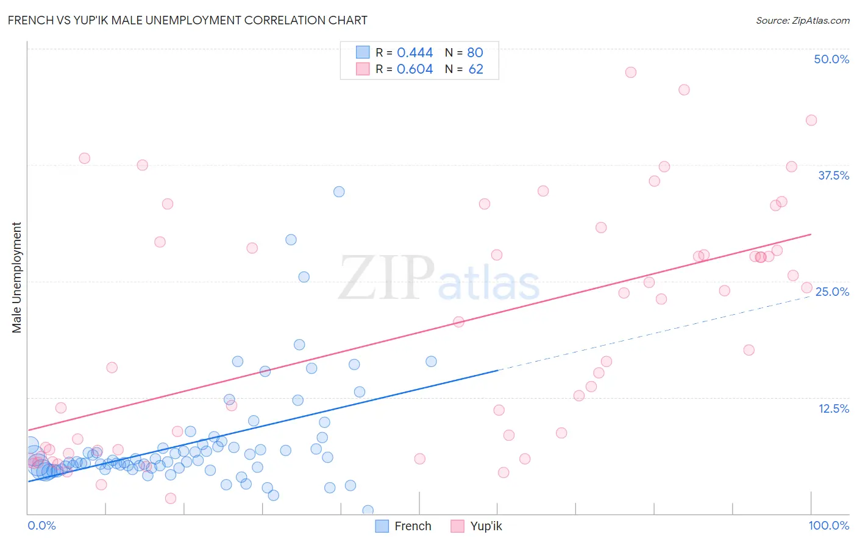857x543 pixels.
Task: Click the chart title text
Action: (x=188, y=20)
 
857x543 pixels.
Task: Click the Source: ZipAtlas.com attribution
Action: (x=802, y=20)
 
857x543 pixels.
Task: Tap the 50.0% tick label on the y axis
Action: (x=831, y=59)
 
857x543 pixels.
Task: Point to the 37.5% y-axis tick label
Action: (x=833, y=175)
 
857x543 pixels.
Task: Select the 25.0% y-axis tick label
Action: (x=831, y=292)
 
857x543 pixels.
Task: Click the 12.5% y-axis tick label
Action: (x=833, y=408)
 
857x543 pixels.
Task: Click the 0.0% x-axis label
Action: (x=41, y=525)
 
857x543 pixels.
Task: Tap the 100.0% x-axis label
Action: (x=828, y=525)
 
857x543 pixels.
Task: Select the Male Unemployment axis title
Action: (x=16, y=278)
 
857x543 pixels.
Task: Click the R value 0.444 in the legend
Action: (x=414, y=52)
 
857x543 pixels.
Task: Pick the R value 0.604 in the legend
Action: (x=414, y=69)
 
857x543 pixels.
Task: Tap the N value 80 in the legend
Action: (x=475, y=52)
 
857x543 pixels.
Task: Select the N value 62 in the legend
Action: (x=475, y=69)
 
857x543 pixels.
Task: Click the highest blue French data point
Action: (x=339, y=192)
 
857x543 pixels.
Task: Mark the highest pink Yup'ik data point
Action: (x=631, y=72)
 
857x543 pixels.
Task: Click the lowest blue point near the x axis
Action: (x=368, y=510)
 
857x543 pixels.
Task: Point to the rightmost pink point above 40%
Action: (x=811, y=120)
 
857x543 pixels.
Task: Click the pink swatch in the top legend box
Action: (x=363, y=69)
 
